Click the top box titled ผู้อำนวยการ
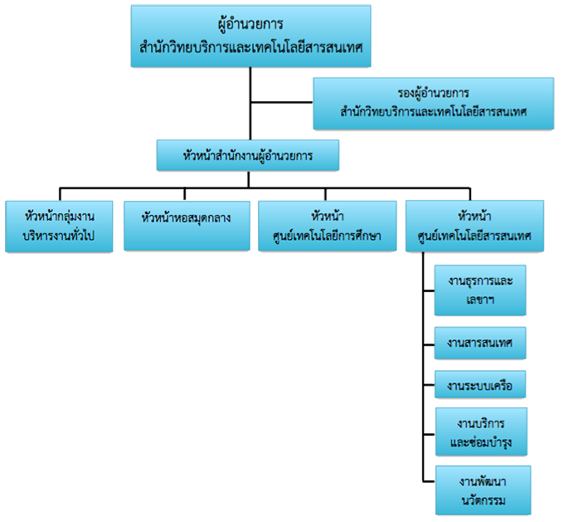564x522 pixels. point(250,36)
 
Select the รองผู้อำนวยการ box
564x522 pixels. point(434,103)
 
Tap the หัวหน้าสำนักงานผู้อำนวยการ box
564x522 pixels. point(248,155)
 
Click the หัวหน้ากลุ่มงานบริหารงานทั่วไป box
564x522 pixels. point(59,226)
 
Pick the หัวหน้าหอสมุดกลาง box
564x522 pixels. point(187,226)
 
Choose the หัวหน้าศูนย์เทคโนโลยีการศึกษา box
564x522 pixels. point(328,226)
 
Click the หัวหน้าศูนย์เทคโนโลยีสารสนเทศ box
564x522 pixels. point(474,226)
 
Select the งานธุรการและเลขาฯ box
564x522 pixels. point(480,290)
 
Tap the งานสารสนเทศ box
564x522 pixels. point(480,343)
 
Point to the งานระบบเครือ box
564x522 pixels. point(480,384)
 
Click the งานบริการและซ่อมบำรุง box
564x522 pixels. point(481,432)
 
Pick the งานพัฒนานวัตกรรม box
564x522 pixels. point(483,490)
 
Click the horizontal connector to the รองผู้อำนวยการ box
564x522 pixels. point(282,102)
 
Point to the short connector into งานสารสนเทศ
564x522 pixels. point(429,344)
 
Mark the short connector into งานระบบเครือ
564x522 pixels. point(429,385)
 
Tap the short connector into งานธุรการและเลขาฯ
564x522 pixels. point(429,290)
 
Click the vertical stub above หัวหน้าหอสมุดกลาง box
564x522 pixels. point(184,194)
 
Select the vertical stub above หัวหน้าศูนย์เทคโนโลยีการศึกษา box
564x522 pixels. point(325,194)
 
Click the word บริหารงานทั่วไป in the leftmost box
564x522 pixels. point(59,236)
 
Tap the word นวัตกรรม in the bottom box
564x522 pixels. point(484,500)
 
